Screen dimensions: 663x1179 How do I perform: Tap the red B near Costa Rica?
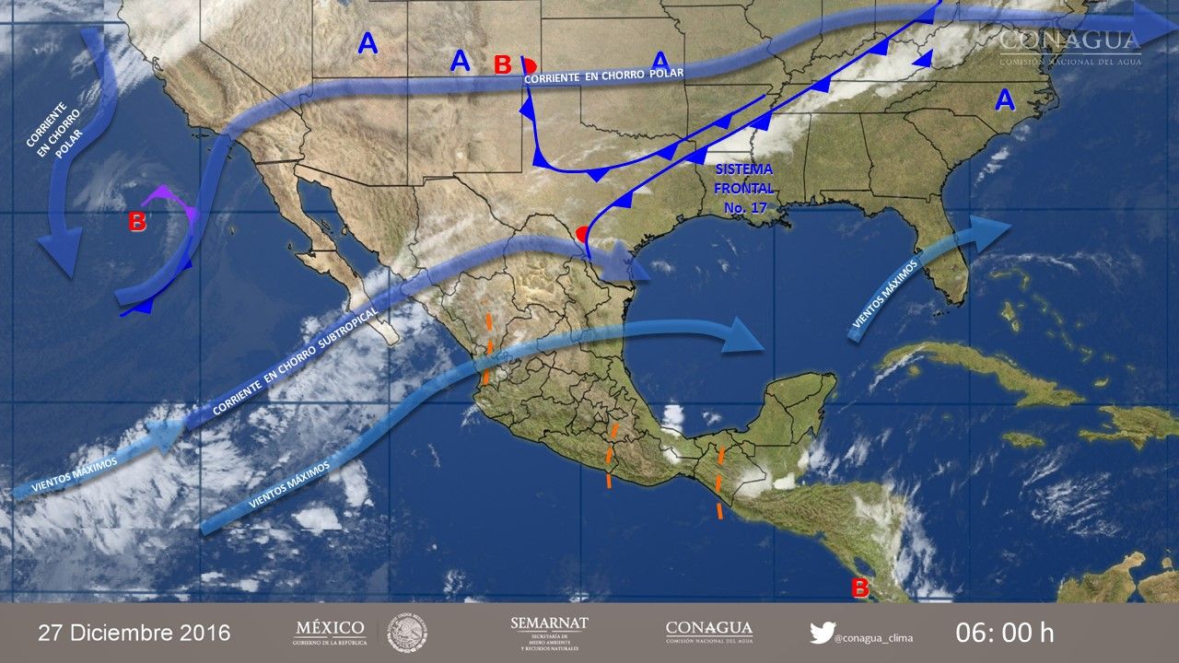point(859,587)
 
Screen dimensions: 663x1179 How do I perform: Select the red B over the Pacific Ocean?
point(136,221)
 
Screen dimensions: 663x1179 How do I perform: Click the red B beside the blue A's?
point(502,64)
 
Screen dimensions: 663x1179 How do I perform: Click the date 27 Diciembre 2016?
point(134,634)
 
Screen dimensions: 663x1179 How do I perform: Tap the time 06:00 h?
point(1004,634)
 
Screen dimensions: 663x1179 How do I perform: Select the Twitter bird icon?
point(822,633)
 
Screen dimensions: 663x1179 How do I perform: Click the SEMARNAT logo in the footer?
point(549,634)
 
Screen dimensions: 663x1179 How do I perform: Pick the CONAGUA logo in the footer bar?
point(708,632)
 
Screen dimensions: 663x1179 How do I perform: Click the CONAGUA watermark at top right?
point(1069,47)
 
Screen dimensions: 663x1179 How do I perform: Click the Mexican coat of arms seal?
point(405,633)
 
